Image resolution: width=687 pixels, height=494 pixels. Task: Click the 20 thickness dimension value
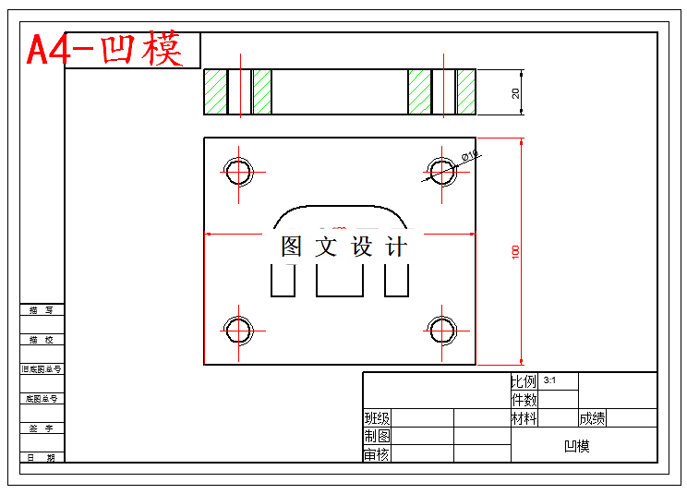click(516, 92)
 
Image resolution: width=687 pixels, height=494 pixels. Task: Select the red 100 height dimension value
click(515, 251)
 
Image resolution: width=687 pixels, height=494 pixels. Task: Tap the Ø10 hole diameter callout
click(469, 156)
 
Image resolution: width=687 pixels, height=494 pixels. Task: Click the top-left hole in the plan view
click(238, 172)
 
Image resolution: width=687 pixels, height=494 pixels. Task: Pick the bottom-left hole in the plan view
click(238, 329)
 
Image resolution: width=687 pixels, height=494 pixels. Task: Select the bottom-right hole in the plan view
click(442, 329)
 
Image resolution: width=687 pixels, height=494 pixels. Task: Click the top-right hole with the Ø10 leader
click(442, 170)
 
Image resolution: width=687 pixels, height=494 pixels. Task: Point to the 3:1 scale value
click(550, 380)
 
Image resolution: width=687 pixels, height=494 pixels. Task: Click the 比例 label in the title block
click(524, 381)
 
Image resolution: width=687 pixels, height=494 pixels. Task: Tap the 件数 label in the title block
click(524, 400)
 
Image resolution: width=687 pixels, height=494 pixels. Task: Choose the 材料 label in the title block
click(524, 418)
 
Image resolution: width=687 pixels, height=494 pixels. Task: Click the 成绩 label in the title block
click(592, 418)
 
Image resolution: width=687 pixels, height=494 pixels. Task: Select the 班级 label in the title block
click(377, 418)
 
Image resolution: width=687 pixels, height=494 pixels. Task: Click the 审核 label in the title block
click(377, 454)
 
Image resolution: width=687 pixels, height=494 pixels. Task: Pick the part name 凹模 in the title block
click(577, 446)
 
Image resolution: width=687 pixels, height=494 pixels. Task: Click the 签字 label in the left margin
click(42, 428)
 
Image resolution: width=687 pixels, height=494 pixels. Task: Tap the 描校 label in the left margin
click(42, 340)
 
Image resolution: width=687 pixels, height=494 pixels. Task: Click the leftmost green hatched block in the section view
click(215, 91)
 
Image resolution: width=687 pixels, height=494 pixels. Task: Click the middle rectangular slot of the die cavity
click(340, 279)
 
